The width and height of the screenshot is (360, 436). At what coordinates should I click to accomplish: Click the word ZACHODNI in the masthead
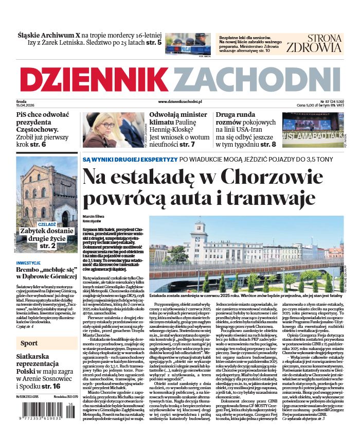tap(260, 80)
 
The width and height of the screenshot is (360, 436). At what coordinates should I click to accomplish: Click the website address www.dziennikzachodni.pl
tap(179, 102)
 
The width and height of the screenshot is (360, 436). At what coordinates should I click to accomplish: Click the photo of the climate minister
tap(113, 129)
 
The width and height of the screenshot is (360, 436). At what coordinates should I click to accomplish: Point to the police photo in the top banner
tap(188, 44)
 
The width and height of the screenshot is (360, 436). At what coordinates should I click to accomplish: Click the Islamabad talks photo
tap(313, 129)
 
